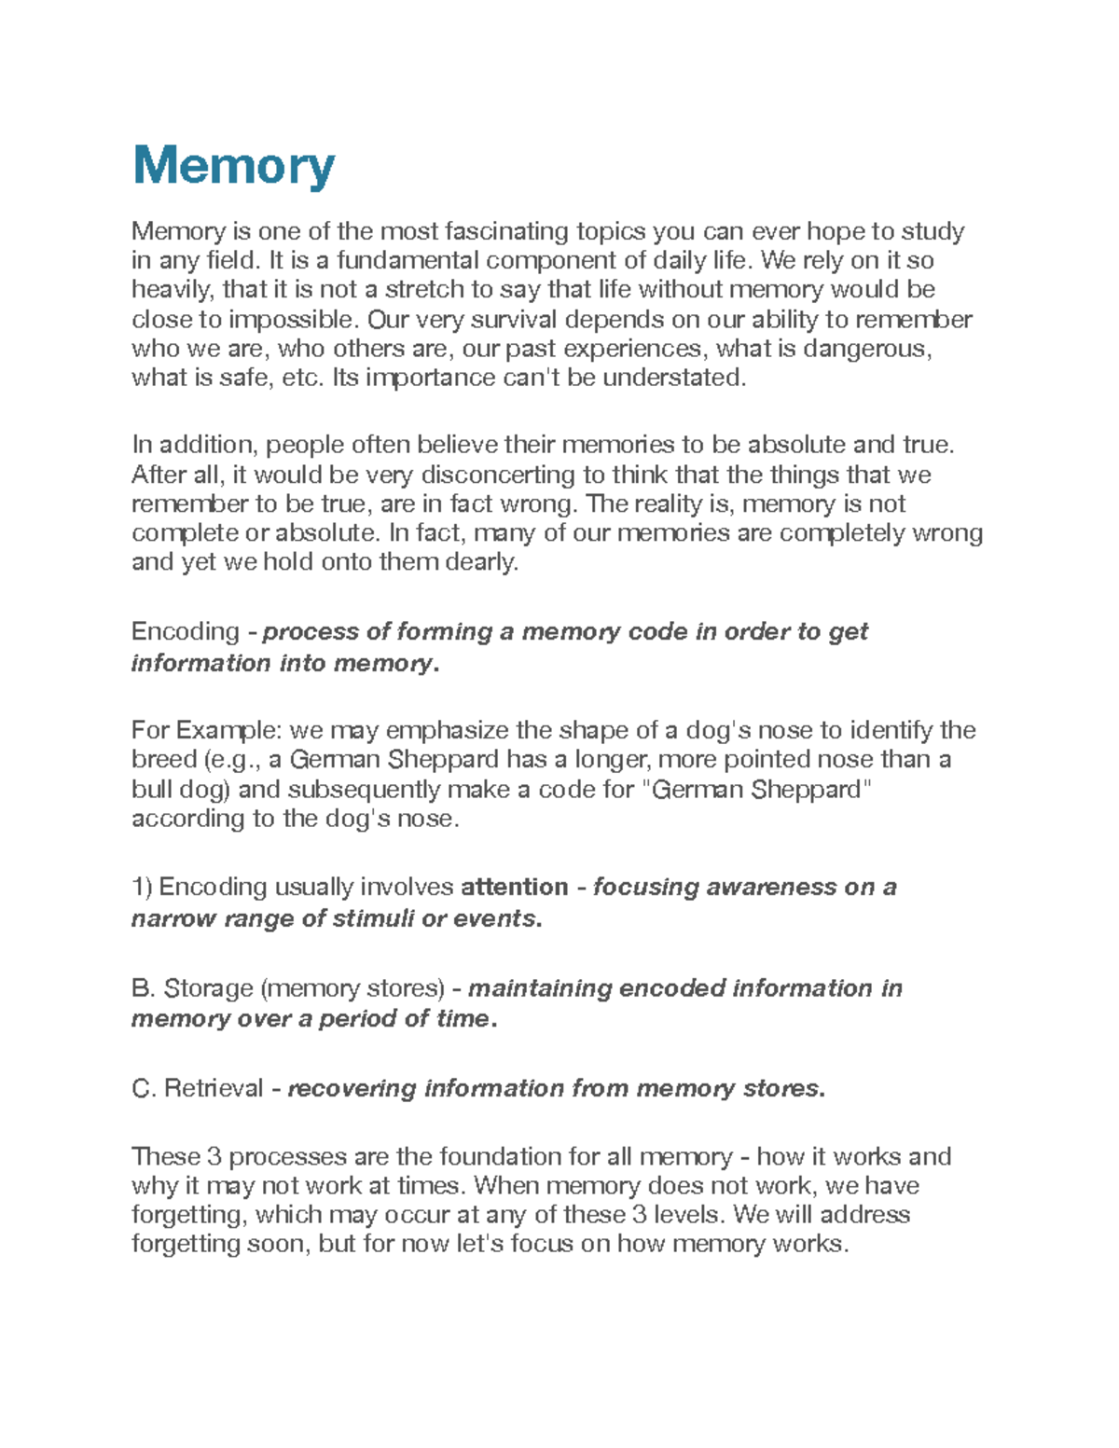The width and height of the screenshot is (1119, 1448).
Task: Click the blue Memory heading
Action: pos(233,166)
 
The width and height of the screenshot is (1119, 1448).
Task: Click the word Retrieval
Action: pos(214,1089)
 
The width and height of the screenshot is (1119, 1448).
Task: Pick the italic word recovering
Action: pos(352,1089)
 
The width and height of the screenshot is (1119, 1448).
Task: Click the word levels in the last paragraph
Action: pos(689,1215)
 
